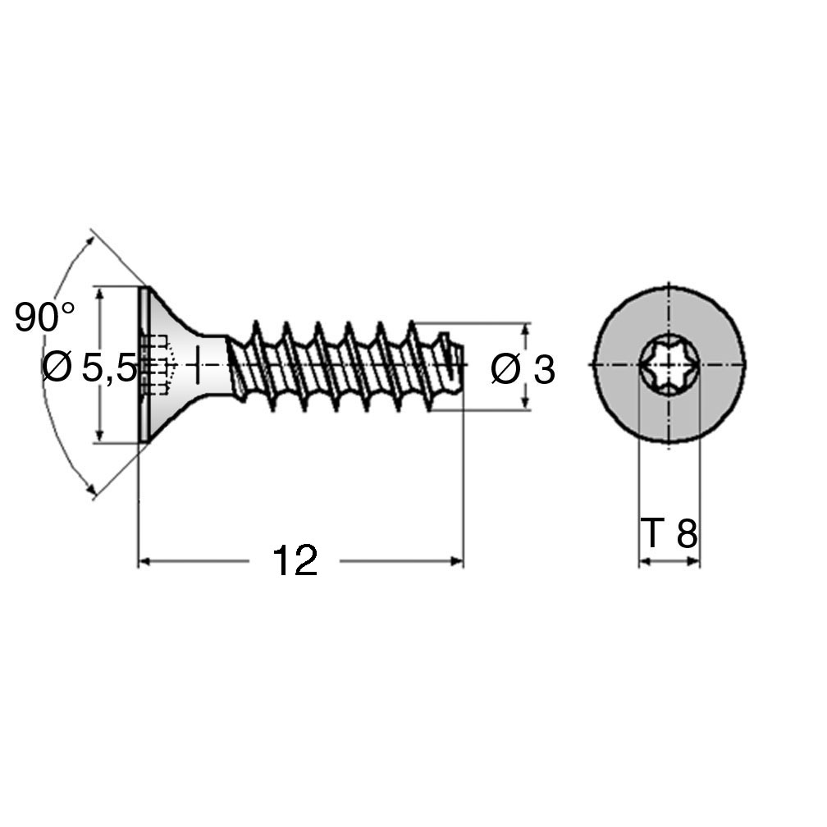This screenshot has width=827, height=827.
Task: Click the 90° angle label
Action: [45, 317]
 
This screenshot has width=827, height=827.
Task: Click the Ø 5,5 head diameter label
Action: [89, 367]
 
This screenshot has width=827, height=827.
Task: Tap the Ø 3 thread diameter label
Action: [523, 369]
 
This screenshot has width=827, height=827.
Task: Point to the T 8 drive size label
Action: [669, 533]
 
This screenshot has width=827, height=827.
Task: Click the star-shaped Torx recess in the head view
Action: [669, 364]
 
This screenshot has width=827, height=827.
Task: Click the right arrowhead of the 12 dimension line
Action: [457, 561]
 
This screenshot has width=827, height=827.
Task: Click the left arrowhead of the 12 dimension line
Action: [144, 561]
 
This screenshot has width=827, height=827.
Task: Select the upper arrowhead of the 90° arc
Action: [90, 242]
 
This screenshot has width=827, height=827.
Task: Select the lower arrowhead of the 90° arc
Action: [92, 488]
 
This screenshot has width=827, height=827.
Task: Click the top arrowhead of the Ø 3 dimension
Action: [525, 330]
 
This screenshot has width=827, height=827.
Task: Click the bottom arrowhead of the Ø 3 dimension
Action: [525, 402]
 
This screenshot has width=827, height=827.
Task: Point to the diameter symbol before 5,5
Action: [57, 367]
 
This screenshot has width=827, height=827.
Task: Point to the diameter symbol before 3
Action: [506, 369]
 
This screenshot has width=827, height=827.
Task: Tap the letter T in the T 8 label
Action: [651, 533]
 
